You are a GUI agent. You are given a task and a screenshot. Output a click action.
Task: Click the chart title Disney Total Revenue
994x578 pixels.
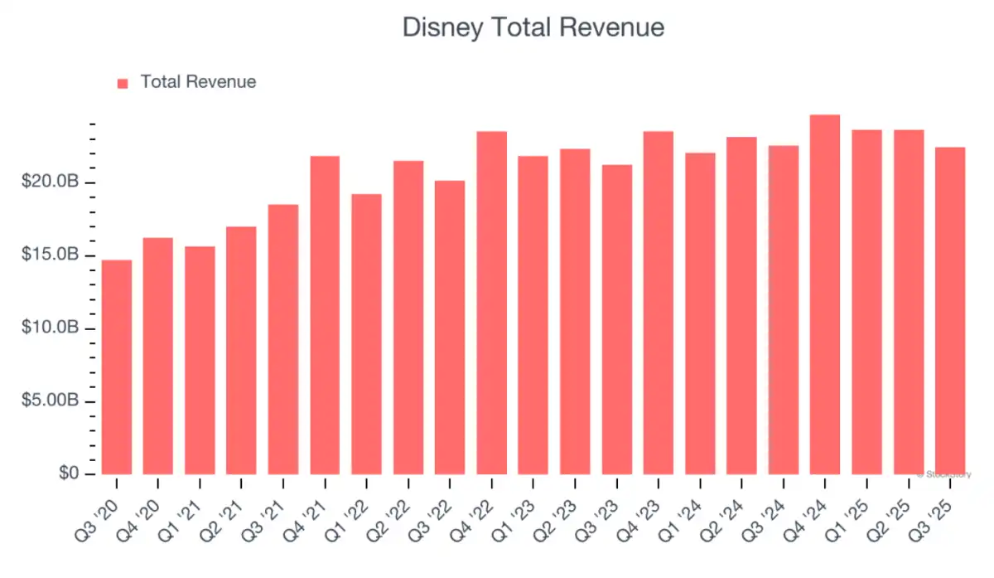coord(533,27)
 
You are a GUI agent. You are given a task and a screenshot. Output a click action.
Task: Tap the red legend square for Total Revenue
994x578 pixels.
coord(123,83)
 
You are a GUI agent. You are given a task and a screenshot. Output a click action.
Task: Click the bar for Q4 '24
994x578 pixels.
coord(825,294)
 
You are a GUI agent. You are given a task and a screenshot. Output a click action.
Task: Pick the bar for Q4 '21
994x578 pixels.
coord(325,315)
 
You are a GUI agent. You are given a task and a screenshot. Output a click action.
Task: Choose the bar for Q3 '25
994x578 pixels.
coord(950,311)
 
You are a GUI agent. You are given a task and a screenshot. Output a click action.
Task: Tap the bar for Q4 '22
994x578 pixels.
coord(491,303)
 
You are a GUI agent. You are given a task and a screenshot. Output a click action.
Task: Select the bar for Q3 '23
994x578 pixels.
coord(616,319)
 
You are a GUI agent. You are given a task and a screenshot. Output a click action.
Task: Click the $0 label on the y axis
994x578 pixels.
coord(70,474)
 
